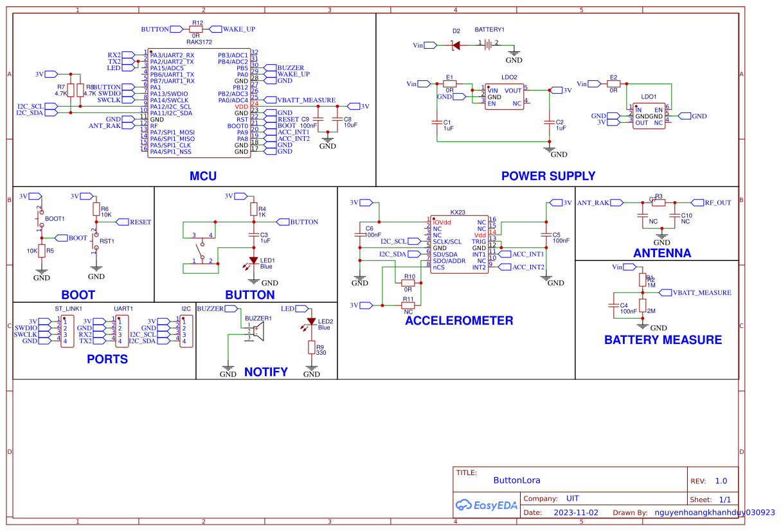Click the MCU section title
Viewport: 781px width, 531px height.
(202, 176)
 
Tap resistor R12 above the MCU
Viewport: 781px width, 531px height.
(196, 29)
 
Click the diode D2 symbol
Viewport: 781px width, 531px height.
(456, 45)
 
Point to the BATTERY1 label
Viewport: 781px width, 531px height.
(489, 30)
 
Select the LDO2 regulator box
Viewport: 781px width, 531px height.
(505, 96)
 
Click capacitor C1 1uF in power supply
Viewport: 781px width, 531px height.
(436, 122)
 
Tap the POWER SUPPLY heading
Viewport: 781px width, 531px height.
(548, 176)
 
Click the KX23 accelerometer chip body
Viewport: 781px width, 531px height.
(458, 244)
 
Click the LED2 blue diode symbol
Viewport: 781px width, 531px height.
(311, 321)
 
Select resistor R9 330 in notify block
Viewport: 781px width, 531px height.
(311, 348)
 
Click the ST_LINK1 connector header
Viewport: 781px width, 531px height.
(66, 331)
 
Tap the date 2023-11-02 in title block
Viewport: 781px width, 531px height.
(575, 512)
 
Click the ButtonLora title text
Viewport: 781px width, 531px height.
(516, 480)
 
